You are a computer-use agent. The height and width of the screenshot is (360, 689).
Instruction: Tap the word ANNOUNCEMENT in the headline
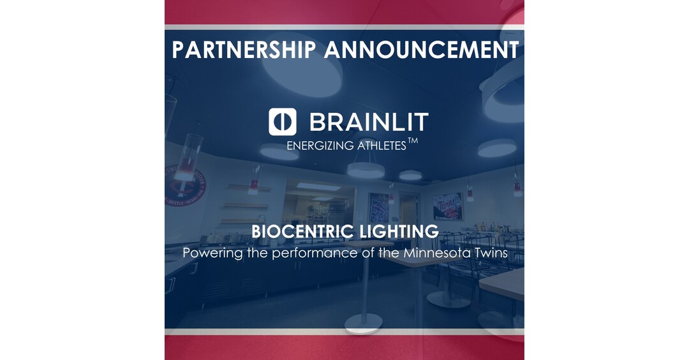tap(420, 50)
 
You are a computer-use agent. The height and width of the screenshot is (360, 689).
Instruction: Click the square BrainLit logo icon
tap(283, 122)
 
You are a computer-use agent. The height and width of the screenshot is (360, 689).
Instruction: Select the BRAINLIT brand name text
tap(368, 122)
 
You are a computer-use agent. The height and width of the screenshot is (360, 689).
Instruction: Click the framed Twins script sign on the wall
tap(448, 206)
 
